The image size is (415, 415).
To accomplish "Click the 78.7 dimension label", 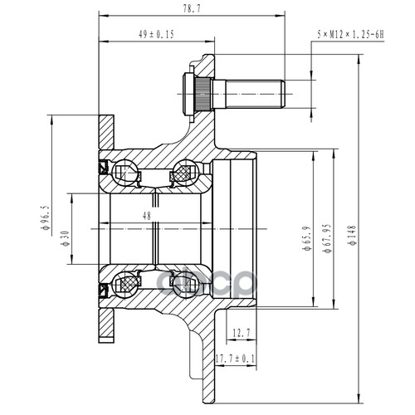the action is pyautogui.click(x=191, y=8).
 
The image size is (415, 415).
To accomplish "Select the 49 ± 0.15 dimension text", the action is pyautogui.click(x=156, y=34).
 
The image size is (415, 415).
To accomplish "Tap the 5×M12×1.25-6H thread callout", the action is pyautogui.click(x=350, y=35).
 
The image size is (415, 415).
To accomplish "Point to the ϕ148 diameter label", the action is pyautogui.click(x=352, y=236).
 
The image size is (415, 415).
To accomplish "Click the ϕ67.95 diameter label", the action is pyautogui.click(x=327, y=238).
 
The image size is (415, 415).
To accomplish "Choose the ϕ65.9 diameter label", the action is pyautogui.click(x=307, y=238).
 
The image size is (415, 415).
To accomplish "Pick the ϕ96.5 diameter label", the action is pyautogui.click(x=45, y=217).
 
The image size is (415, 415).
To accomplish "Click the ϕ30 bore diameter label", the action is pyautogui.click(x=66, y=238).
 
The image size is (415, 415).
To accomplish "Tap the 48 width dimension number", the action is pyautogui.click(x=147, y=216).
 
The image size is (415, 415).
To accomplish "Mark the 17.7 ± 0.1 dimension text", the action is pyautogui.click(x=235, y=359).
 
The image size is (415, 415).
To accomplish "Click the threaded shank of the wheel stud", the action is pyautogui.click(x=255, y=94).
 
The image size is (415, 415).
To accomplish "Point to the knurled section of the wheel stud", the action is pyautogui.click(x=203, y=94).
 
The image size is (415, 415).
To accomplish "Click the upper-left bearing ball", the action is pyautogui.click(x=125, y=173).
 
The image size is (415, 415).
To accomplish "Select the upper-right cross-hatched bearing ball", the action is pyautogui.click(x=184, y=173).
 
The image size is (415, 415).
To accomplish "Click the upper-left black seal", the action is pyautogui.click(x=103, y=167).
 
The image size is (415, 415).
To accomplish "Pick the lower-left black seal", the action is pyautogui.click(x=103, y=290).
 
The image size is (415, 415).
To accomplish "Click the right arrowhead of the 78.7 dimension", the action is pyautogui.click(x=281, y=16).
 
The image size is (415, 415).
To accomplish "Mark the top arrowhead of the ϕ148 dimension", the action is pyautogui.click(x=359, y=59).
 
